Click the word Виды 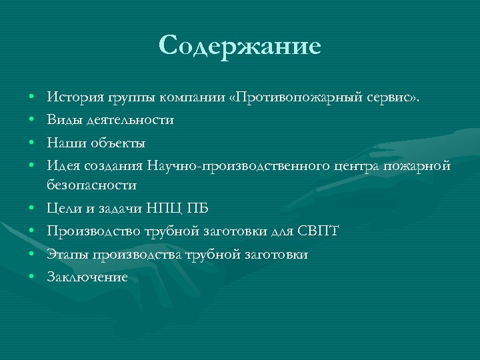tap(62, 120)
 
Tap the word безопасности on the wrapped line tap(92, 184)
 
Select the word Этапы tap(66, 255)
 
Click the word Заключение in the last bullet tap(87, 277)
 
